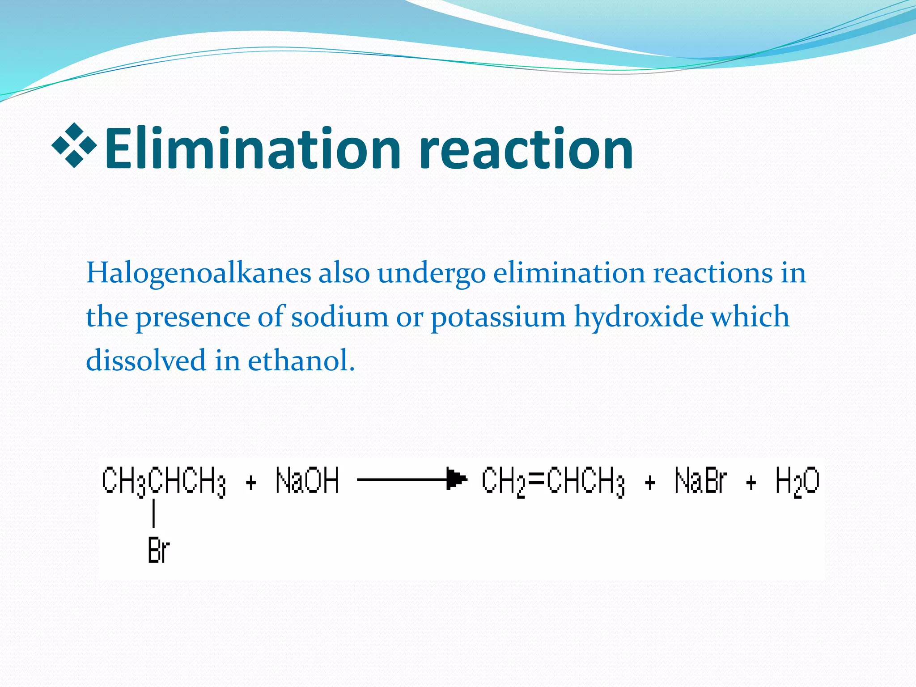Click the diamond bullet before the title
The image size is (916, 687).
coord(74,145)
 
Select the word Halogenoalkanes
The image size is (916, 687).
coord(198,272)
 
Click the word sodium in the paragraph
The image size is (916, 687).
coord(340,317)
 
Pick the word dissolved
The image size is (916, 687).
coord(146,360)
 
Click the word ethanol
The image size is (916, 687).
coord(301,360)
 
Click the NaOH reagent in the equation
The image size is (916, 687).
coord(307,481)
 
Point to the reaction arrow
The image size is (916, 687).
coord(411,480)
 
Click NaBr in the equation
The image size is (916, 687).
coord(701,481)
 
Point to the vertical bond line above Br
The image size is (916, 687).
coord(153,513)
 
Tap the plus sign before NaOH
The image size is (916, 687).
coord(251,483)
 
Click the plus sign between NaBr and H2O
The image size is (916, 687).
coord(751,483)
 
